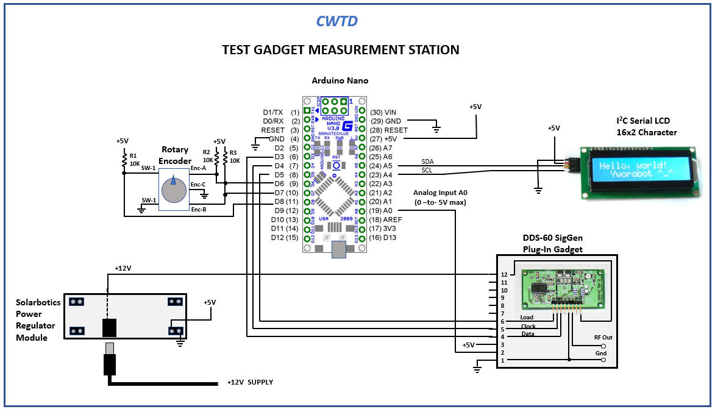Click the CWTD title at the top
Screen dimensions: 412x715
pos(336,21)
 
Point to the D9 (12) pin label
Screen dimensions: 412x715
pos(285,210)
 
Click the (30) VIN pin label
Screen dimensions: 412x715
pos(383,112)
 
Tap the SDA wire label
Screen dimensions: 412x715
pos(427,162)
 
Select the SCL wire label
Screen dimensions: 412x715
pos(427,170)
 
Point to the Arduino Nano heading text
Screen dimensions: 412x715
pos(340,80)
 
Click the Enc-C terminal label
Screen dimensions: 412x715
pos(198,185)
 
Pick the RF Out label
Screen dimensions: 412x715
pos(603,337)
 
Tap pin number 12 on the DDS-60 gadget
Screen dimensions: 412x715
pos(504,275)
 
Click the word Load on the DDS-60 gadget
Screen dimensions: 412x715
pos(527,318)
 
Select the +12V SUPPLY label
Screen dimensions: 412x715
pos(250,382)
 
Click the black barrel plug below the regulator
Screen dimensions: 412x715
pos(110,361)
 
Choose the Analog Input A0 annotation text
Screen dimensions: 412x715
pos(440,197)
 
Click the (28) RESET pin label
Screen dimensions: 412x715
pos(388,130)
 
